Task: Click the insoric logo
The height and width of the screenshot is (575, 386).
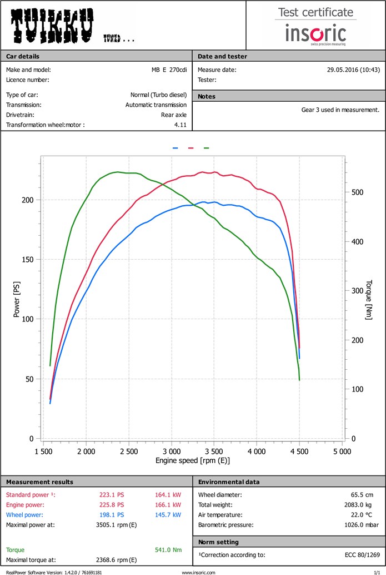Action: (315, 33)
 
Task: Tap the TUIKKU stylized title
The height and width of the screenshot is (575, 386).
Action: (53, 26)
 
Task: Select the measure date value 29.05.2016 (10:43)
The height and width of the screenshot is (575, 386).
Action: (353, 70)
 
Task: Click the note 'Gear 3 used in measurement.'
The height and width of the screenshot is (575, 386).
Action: (340, 110)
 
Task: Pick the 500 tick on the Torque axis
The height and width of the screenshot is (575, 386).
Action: (357, 192)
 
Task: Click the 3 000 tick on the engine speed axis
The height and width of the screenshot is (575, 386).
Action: (172, 452)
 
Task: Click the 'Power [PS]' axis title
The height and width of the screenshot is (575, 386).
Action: (17, 300)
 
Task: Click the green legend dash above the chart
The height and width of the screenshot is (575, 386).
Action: (207, 148)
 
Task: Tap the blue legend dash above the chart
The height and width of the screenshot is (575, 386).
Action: (175, 148)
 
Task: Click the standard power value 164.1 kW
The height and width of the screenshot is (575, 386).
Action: (168, 495)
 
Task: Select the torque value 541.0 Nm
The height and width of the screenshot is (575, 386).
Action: (169, 550)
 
